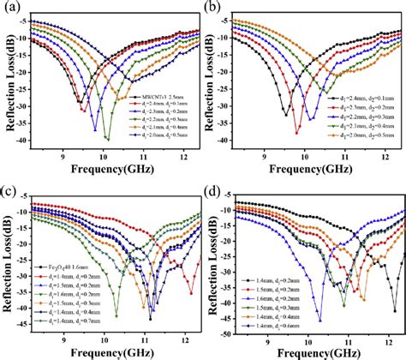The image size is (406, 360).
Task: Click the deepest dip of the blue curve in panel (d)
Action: coord(320,321)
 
